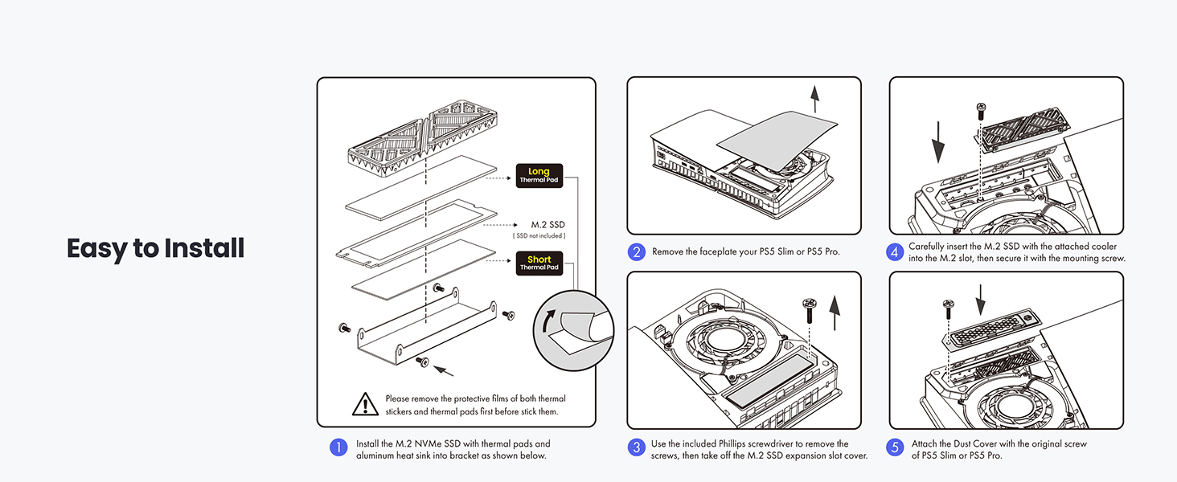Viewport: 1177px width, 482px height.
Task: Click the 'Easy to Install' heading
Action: (x=155, y=248)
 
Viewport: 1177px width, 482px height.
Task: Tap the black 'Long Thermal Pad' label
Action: (x=539, y=175)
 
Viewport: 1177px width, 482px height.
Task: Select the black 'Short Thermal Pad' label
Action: (x=539, y=263)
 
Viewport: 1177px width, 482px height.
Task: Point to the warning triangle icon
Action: (x=366, y=404)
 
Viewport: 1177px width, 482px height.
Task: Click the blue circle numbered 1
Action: (x=338, y=448)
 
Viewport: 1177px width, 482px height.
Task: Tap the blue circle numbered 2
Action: (x=636, y=251)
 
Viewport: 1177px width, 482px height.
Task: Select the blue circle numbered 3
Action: (x=636, y=448)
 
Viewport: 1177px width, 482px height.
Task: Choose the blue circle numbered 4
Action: (x=895, y=251)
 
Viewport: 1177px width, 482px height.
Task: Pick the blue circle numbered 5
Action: (x=895, y=448)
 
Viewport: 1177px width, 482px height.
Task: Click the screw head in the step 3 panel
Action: (x=809, y=304)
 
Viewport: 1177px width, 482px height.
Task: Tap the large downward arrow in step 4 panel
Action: (x=938, y=149)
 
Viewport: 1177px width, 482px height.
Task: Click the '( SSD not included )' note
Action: (x=539, y=236)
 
